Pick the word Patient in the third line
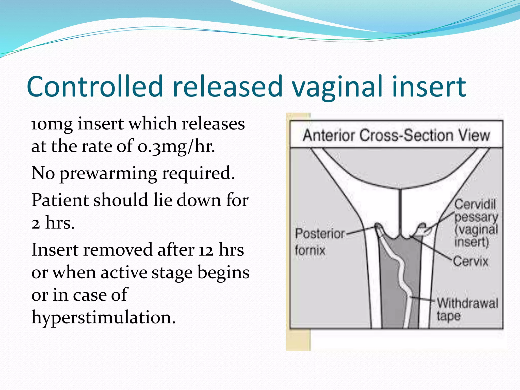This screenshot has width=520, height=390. (60, 200)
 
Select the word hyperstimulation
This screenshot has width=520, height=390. (103, 318)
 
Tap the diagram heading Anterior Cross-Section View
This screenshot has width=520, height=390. (396, 135)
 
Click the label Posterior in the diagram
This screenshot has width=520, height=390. (320, 234)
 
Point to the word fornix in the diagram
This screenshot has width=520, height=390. (310, 250)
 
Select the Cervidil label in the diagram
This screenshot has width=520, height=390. (475, 204)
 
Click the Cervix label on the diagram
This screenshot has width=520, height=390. (470, 261)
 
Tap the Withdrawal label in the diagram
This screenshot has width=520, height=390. (467, 303)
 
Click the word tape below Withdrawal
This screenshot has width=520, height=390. (448, 316)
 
